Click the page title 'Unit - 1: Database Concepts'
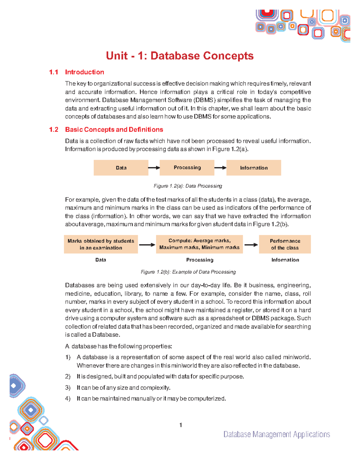(x=180, y=56)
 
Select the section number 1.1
(x=54, y=72)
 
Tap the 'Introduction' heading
(x=85, y=72)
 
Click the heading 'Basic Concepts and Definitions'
(x=114, y=129)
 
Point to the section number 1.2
(x=54, y=129)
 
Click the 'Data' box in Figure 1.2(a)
(x=121, y=168)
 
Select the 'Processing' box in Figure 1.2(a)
(x=187, y=168)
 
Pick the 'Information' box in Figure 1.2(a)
(x=253, y=168)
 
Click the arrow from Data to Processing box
(x=154, y=168)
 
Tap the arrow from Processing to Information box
(x=220, y=168)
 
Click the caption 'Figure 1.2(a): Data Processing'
(x=188, y=186)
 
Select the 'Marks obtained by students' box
(x=101, y=244)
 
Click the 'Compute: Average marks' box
(x=199, y=244)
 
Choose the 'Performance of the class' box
(x=285, y=244)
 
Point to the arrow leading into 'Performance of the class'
(x=251, y=245)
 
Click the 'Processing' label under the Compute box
(x=199, y=260)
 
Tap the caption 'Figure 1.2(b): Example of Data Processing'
(x=188, y=272)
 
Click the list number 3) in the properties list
(x=68, y=388)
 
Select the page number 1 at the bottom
(x=181, y=425)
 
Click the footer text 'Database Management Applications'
(x=277, y=434)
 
